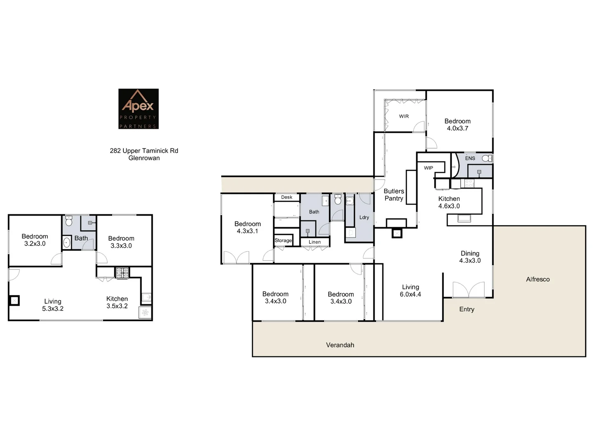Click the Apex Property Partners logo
[x=139, y=109]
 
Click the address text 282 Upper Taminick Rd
[x=144, y=151]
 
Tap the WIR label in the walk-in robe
[x=404, y=116]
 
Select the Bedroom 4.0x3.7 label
[x=457, y=125]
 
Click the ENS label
[x=470, y=158]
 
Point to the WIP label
[x=429, y=168]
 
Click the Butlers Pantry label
[x=394, y=195]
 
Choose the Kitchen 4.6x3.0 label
[x=449, y=202]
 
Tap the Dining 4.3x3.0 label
[x=470, y=257]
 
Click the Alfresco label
[x=538, y=280]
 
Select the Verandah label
[x=340, y=345]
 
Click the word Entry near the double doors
[x=467, y=309]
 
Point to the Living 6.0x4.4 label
[x=410, y=291]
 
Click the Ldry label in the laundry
[x=364, y=218]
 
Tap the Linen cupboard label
[x=315, y=242]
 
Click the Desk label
[x=287, y=197]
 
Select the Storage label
[x=283, y=240]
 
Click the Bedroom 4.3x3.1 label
[x=247, y=228]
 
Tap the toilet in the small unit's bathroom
[x=69, y=221]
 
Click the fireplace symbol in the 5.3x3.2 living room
[x=14, y=301]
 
